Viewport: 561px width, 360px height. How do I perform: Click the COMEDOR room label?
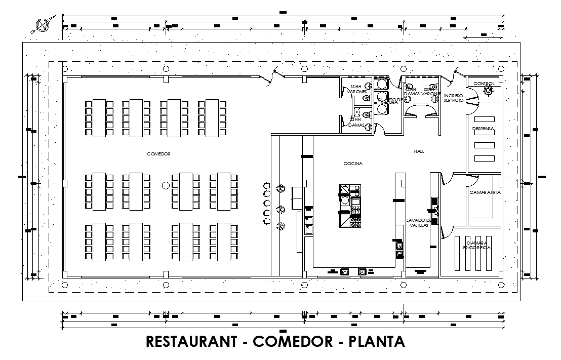158,153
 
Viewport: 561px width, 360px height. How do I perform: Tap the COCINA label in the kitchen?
353,163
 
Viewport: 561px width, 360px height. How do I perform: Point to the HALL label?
419,151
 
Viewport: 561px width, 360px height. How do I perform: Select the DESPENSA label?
484,129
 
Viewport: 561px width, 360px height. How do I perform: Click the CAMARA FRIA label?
485,192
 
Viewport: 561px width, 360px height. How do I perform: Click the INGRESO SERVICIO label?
453,98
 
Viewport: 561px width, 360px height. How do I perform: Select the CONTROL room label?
484,84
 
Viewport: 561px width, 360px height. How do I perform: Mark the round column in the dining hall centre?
165,186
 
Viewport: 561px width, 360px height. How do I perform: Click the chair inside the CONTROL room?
489,91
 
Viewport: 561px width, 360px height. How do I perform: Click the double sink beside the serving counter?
308,223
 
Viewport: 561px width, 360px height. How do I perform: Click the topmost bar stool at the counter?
267,185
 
